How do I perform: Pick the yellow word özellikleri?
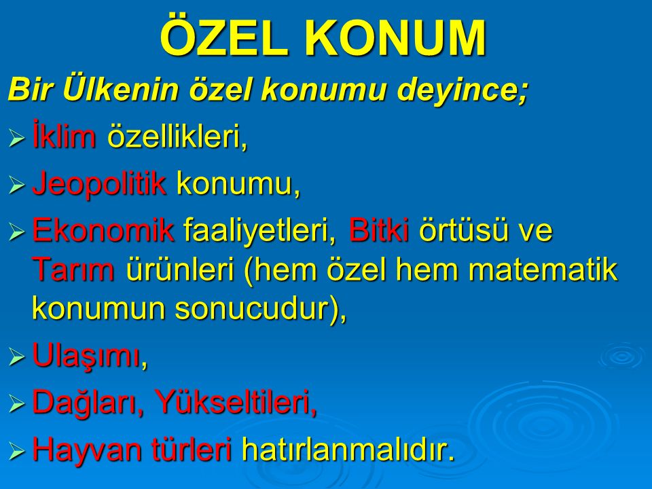(177, 137)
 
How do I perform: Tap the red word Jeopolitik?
(99, 184)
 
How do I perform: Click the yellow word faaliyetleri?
(260, 231)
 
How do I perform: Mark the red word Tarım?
(73, 269)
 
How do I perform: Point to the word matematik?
(543, 269)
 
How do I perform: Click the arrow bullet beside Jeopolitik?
(16, 185)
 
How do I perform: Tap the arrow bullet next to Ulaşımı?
(16, 357)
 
